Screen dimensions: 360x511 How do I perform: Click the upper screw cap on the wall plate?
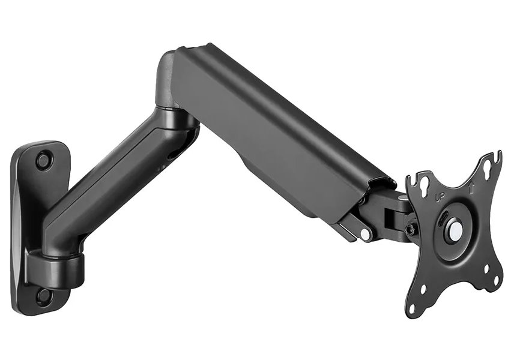tap(44, 160)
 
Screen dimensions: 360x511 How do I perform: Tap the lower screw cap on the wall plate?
tap(43, 295)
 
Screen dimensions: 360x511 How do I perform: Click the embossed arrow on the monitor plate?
tap(472, 187)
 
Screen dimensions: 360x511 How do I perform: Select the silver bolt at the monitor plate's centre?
tap(455, 229)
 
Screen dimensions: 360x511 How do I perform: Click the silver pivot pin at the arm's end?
tap(365, 235)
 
